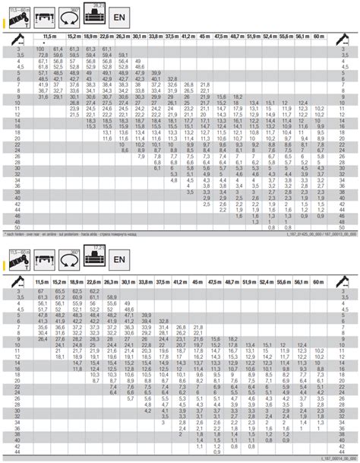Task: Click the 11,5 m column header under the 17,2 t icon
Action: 43,263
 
